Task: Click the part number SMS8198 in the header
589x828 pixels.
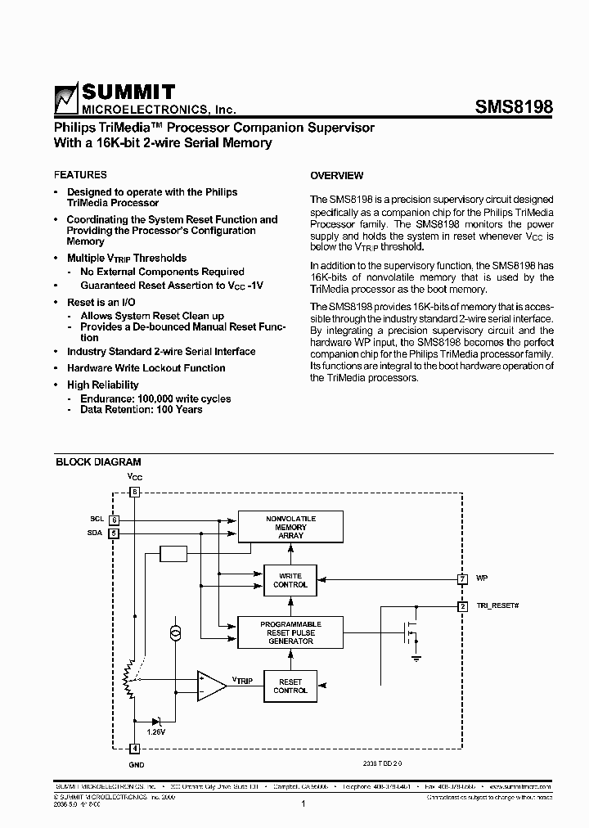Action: point(514,107)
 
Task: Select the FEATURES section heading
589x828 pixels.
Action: point(80,175)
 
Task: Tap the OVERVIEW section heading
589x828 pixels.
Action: point(337,176)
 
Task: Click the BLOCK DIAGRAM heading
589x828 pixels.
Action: point(98,462)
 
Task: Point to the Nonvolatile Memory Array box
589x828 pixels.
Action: point(290,527)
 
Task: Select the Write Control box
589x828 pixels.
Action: point(290,580)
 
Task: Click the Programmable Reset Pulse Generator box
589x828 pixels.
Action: point(290,632)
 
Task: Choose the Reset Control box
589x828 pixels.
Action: point(290,686)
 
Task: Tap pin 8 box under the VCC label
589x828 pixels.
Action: point(136,493)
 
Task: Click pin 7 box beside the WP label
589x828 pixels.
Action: point(463,578)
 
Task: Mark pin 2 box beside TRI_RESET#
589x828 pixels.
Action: point(463,605)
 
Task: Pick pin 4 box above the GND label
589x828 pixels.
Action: point(136,748)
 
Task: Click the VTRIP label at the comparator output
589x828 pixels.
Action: point(242,680)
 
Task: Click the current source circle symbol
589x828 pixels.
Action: point(174,632)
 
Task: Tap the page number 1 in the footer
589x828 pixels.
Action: point(303,804)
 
